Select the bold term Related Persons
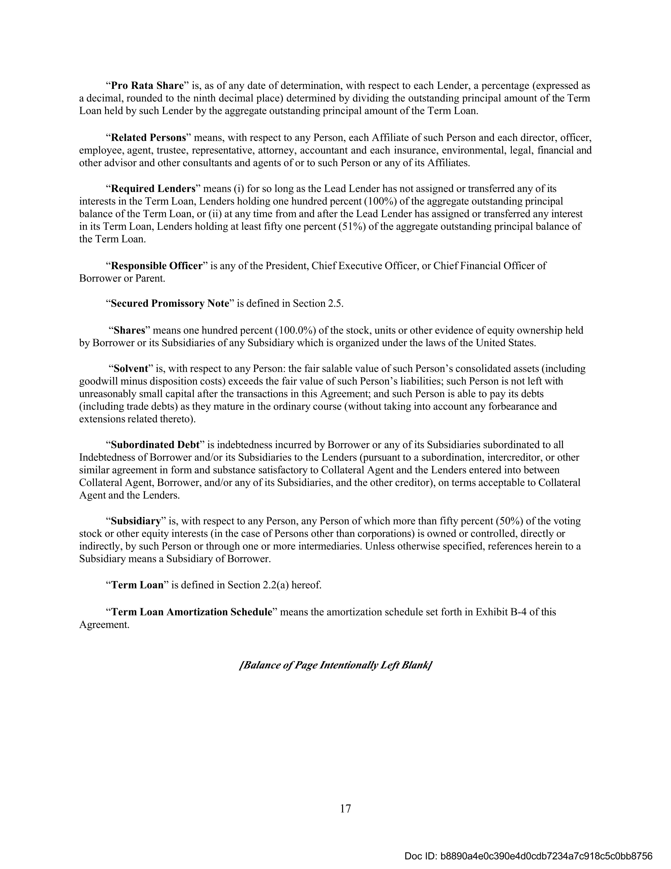pos(148,138)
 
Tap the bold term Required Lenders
pos(153,188)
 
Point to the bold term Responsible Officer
pos(156,266)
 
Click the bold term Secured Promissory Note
pos(170,304)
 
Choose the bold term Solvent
pos(131,369)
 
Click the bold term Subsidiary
pos(136,521)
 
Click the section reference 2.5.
pos(335,304)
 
